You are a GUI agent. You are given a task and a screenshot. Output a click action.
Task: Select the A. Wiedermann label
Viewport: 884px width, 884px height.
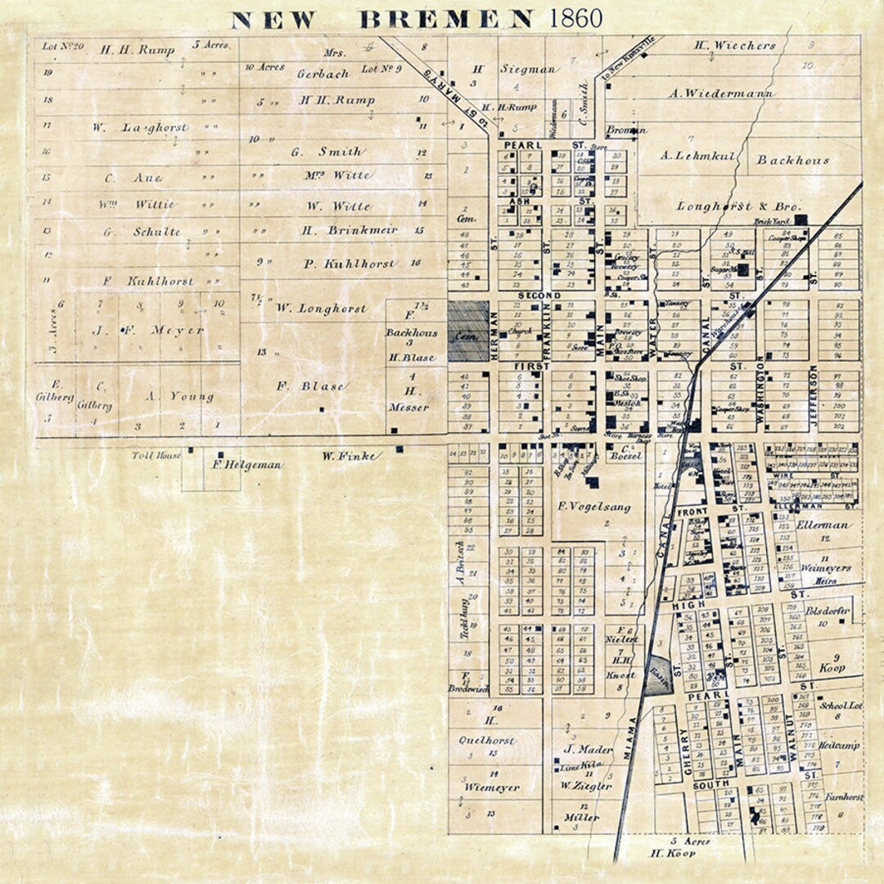721,93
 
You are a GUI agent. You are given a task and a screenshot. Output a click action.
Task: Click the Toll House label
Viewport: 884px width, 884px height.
156,454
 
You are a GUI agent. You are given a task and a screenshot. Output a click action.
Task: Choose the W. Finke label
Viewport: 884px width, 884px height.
350,455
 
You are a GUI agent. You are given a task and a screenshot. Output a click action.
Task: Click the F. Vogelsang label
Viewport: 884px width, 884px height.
594,507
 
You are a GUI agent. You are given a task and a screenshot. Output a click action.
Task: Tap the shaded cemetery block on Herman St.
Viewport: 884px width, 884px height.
468,331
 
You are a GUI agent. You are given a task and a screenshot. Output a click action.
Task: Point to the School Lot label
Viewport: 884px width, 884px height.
840,705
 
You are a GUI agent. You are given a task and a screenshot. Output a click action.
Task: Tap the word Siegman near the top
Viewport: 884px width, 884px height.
528,70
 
